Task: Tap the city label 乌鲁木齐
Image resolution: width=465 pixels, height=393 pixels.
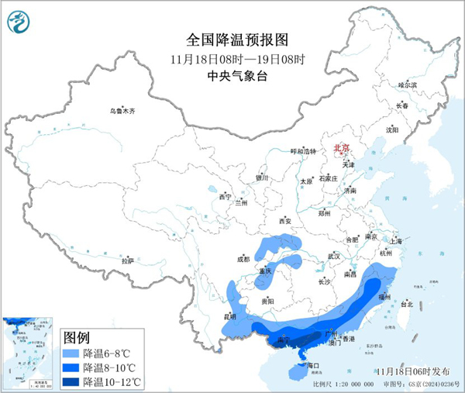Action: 122,112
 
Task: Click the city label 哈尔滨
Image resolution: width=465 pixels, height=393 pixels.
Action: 407,84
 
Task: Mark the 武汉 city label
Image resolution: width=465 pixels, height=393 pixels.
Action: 335,255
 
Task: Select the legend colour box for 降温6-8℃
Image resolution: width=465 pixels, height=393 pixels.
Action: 71,353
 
